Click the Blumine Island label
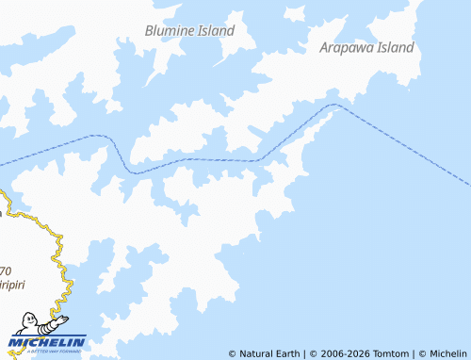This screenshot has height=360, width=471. click(189, 30)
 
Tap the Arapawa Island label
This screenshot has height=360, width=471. click(366, 47)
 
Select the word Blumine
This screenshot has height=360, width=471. click(169, 30)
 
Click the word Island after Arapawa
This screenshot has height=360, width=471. click(396, 47)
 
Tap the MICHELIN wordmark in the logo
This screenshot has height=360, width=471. click(50, 341)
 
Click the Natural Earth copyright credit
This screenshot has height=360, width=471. click(264, 353)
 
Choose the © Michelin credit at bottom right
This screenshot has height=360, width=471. click(444, 353)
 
